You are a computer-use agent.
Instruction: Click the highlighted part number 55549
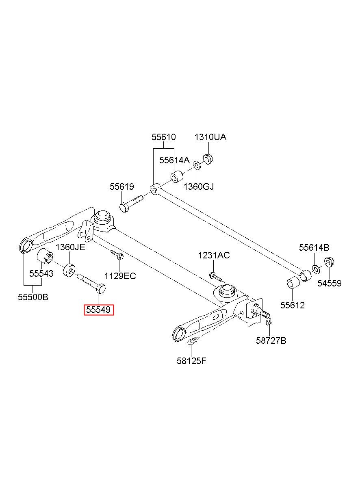[x=98, y=310]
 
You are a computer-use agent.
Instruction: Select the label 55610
[x=164, y=137]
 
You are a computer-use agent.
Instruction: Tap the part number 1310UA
[x=210, y=137]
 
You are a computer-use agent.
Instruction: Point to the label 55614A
[x=174, y=160]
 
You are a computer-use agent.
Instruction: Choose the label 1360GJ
[x=199, y=186]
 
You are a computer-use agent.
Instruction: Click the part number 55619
[x=121, y=187]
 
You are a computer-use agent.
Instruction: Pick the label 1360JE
[x=70, y=247]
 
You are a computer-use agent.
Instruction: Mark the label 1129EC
[x=120, y=276]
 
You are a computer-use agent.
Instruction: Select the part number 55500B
[x=33, y=297]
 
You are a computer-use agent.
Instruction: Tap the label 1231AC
[x=214, y=255]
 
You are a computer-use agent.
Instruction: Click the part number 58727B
[x=271, y=341]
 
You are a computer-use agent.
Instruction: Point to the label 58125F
[x=191, y=361]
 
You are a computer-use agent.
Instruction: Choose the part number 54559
[x=330, y=283]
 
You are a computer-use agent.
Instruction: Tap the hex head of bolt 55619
[x=124, y=207]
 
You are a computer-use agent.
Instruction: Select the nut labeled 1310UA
[x=208, y=159]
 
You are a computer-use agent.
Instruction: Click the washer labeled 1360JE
[x=69, y=271]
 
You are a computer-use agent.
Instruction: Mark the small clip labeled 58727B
[x=269, y=322]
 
